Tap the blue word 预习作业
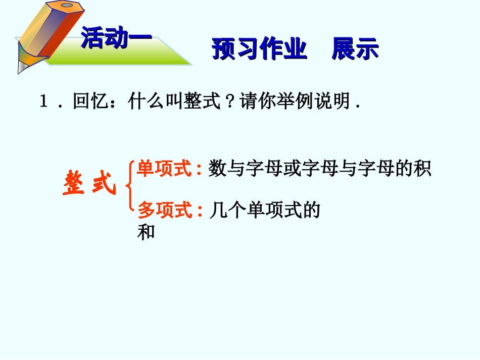[x=259, y=49]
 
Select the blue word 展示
[x=355, y=49]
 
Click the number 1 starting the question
[x=44, y=102]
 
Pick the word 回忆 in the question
[x=88, y=102]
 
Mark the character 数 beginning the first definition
[x=217, y=169]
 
